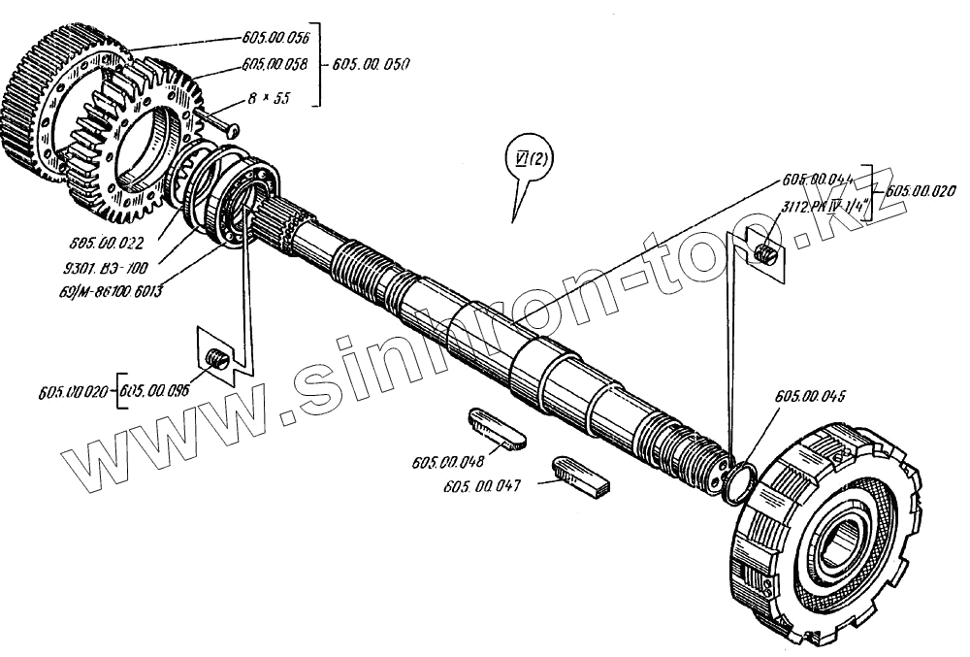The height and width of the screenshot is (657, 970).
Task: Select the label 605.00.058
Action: [x=273, y=65]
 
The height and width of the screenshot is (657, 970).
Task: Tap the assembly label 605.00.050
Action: [x=371, y=64]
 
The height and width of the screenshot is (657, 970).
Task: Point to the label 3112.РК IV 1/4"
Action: [x=824, y=207]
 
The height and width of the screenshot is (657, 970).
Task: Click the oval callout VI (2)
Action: [x=528, y=157]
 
